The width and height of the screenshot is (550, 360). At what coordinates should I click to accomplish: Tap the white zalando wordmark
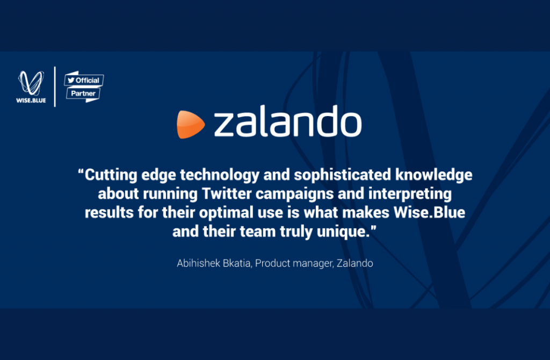(288, 121)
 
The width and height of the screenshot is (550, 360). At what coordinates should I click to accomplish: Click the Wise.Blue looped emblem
(31, 83)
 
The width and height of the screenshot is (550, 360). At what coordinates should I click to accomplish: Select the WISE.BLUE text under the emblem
(31, 100)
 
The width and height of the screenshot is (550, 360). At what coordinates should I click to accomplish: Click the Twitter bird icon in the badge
(71, 80)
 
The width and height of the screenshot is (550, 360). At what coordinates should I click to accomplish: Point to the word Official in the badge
(88, 81)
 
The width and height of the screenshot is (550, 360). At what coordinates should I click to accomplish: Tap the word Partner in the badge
(83, 93)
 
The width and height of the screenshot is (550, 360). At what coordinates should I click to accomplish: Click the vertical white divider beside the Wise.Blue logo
(55, 87)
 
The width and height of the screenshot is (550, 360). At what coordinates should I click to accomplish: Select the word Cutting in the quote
(111, 175)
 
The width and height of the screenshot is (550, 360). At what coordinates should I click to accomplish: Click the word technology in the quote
(220, 175)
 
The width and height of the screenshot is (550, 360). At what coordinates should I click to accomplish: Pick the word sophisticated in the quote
(342, 175)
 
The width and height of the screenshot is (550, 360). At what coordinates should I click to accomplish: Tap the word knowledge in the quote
(434, 175)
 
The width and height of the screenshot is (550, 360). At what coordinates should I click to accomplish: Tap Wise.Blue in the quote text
(429, 213)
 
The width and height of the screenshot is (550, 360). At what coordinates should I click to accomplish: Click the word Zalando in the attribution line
(354, 263)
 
